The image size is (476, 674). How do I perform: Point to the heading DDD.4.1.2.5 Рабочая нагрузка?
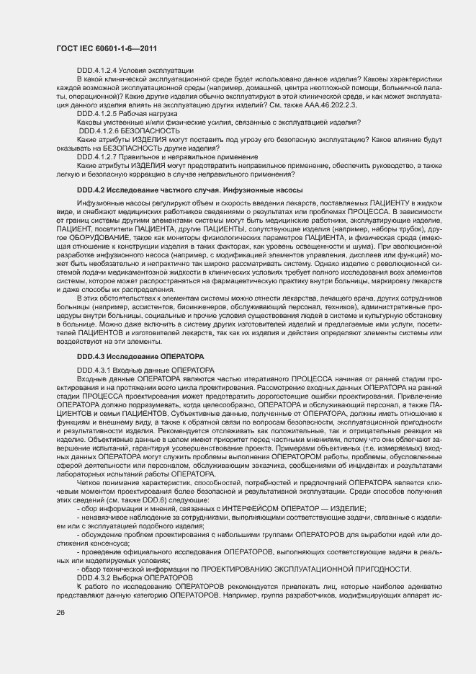127,114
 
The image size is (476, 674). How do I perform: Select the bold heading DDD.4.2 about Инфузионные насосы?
189,190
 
